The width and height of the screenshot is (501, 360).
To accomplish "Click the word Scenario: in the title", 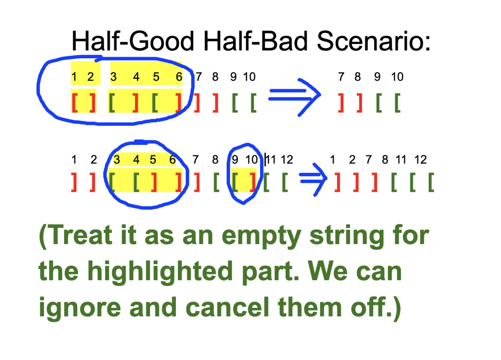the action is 374,41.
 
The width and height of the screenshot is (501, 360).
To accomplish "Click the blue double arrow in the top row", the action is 295,97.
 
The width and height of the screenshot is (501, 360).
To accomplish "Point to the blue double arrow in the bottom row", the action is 313,179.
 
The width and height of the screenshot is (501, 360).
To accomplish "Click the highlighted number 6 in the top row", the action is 179,77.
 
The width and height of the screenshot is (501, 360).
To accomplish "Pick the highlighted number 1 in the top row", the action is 74,77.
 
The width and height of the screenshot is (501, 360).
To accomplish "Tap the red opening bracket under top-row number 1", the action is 75,103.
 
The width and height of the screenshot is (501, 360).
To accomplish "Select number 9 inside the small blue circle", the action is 235,159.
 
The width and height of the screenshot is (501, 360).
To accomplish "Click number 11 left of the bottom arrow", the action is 271,159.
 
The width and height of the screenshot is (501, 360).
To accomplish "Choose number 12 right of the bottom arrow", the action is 420,159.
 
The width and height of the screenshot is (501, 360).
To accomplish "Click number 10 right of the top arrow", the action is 397,77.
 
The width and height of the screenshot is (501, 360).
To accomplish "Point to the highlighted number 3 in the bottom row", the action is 117,159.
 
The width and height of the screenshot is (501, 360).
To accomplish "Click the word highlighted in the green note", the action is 160,272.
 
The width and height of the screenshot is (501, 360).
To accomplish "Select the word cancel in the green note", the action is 227,307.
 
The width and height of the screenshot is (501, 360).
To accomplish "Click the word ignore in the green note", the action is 80,307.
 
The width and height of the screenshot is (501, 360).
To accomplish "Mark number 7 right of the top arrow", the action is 341,77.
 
